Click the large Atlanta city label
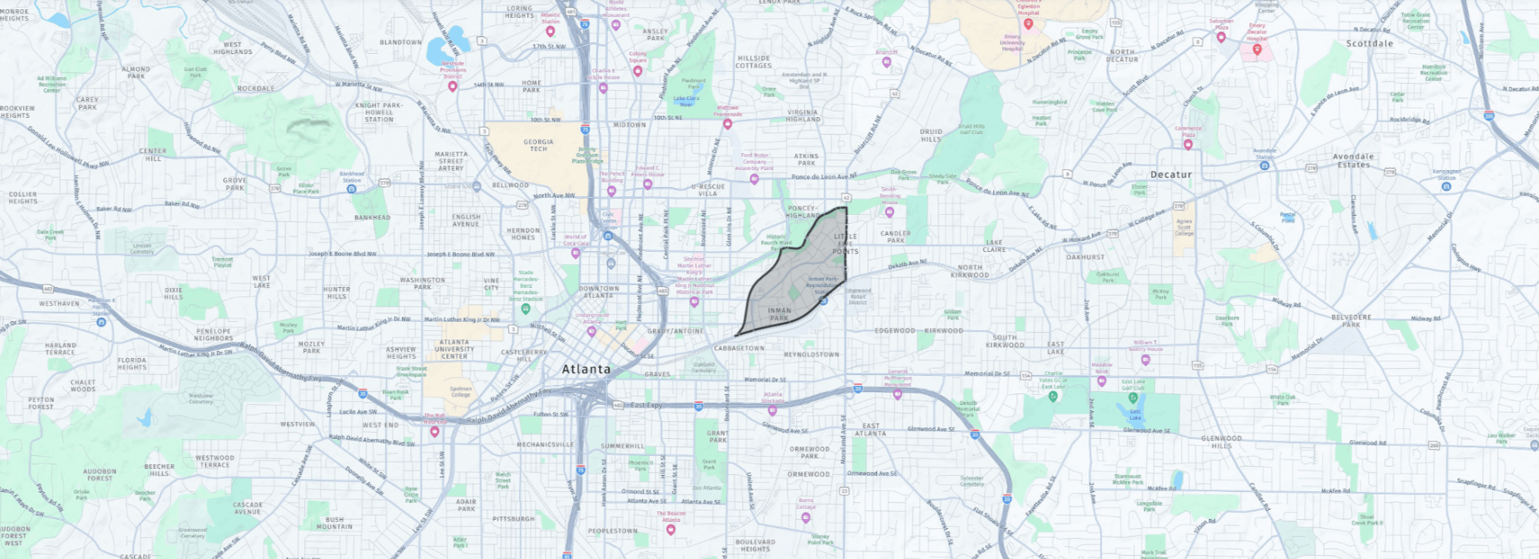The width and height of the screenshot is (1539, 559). (x=586, y=370)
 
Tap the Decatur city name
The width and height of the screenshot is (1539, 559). (x=1170, y=175)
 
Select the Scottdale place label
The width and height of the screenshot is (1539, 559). (x=1369, y=44)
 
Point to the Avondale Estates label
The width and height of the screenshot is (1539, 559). (x=1353, y=160)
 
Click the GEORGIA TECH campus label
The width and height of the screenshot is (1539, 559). (x=538, y=145)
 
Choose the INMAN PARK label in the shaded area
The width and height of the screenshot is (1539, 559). (x=779, y=314)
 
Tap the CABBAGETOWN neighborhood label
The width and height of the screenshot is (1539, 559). (x=739, y=348)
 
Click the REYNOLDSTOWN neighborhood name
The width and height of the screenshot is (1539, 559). (x=811, y=355)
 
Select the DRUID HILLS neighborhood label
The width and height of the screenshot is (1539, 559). (x=931, y=136)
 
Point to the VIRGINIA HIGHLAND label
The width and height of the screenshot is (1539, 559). (x=802, y=115)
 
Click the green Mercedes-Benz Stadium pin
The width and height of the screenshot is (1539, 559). (x=526, y=309)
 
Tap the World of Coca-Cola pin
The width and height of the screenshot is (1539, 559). (x=575, y=253)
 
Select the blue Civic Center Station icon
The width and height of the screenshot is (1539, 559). (x=607, y=236)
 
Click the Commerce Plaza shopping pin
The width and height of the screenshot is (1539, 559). (x=1188, y=144)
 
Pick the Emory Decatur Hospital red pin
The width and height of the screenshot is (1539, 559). (x=1256, y=49)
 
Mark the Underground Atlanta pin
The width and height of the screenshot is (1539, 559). (x=591, y=331)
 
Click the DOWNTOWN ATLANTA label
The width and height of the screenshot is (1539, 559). (x=598, y=292)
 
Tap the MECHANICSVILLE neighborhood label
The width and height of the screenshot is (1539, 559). (x=545, y=445)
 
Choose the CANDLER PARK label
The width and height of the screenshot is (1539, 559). (x=895, y=236)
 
